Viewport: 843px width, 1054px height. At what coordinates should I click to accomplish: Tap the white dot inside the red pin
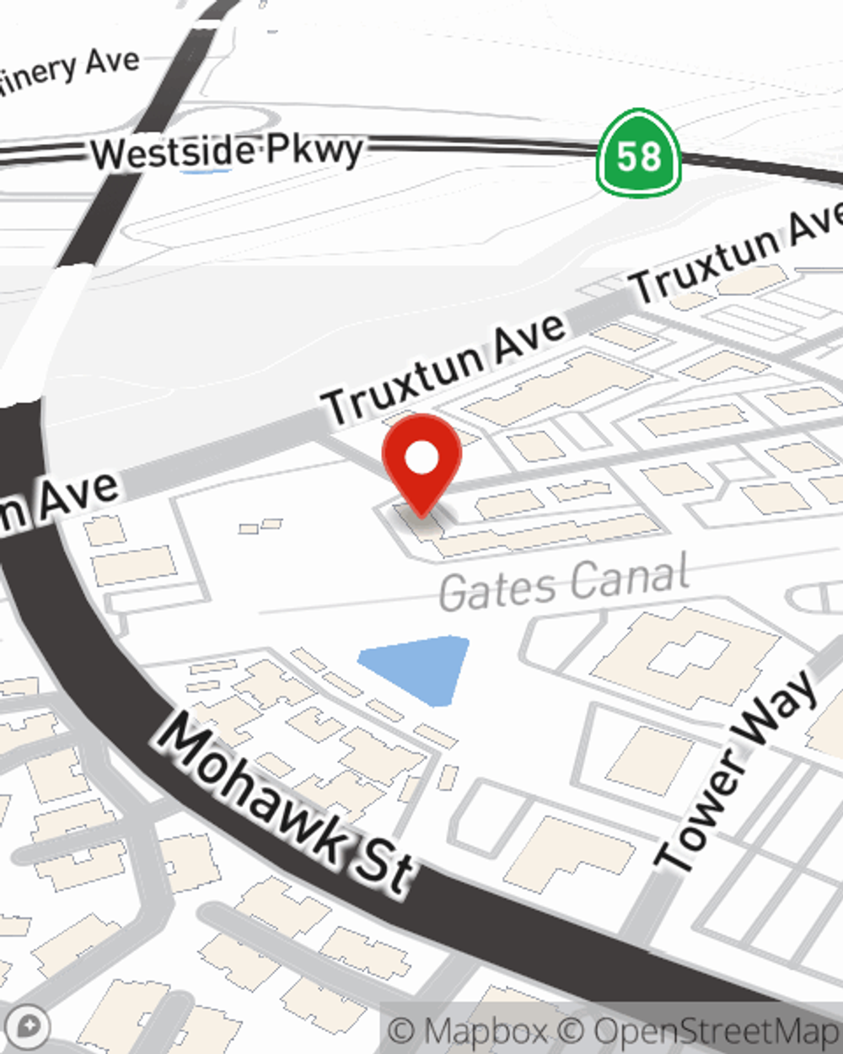(422, 459)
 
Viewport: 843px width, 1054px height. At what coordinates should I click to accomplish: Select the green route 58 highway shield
(638, 153)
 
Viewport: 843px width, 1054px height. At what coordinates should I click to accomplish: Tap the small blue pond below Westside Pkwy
(206, 171)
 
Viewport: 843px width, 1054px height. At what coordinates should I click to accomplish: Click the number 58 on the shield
(638, 157)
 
